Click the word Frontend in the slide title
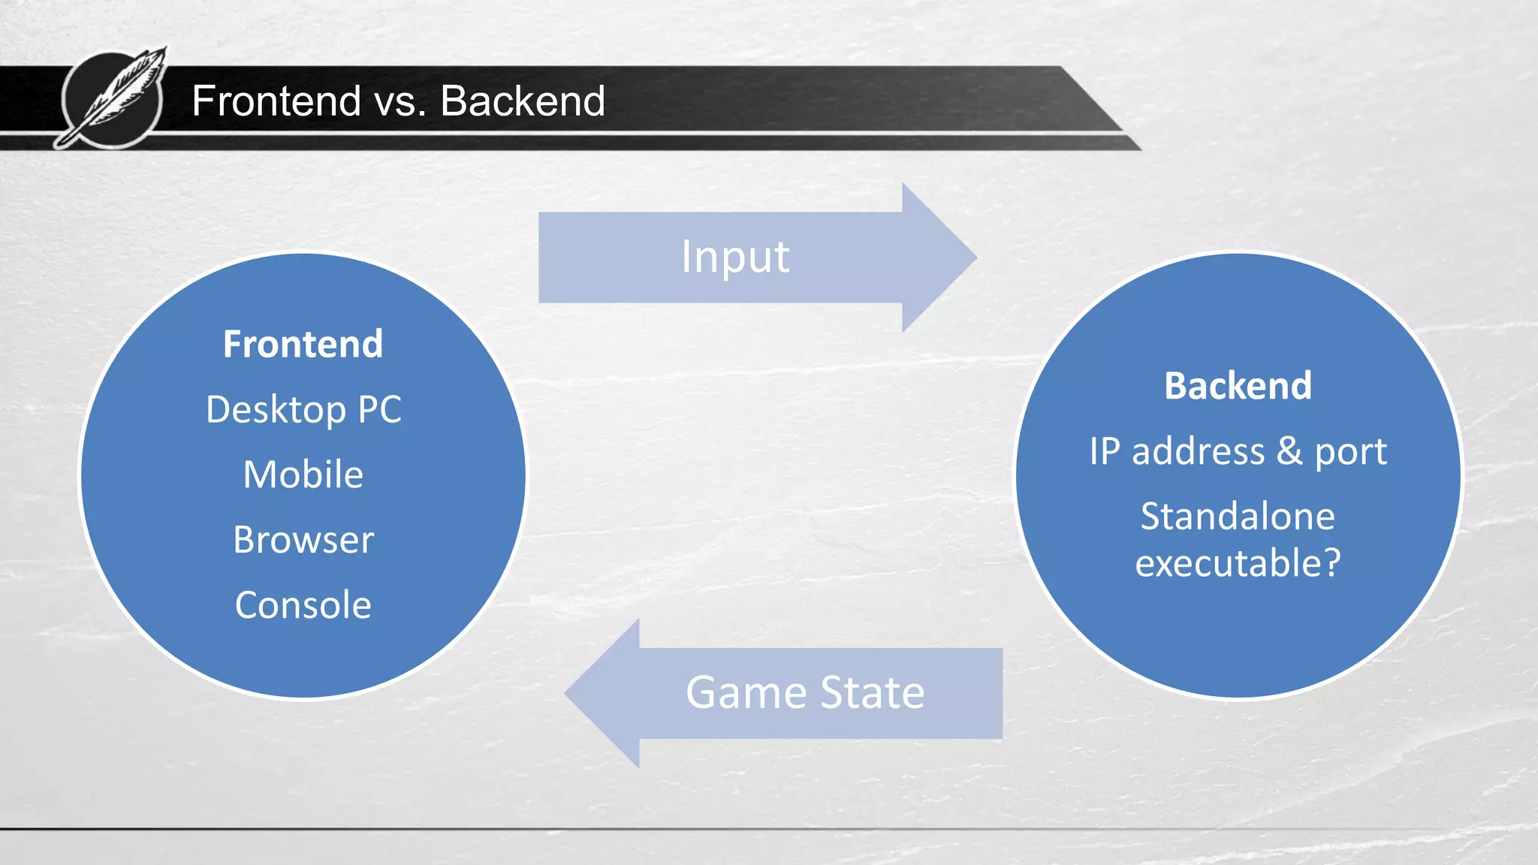(276, 101)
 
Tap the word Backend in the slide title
(523, 101)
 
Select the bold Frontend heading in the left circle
(303, 345)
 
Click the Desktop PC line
(303, 410)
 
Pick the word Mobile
(303, 475)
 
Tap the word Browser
(303, 540)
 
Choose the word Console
(303, 605)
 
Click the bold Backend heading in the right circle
(1238, 386)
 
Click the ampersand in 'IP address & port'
(1289, 451)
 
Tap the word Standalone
(1238, 517)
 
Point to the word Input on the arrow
(735, 257)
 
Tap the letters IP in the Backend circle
(1105, 451)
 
